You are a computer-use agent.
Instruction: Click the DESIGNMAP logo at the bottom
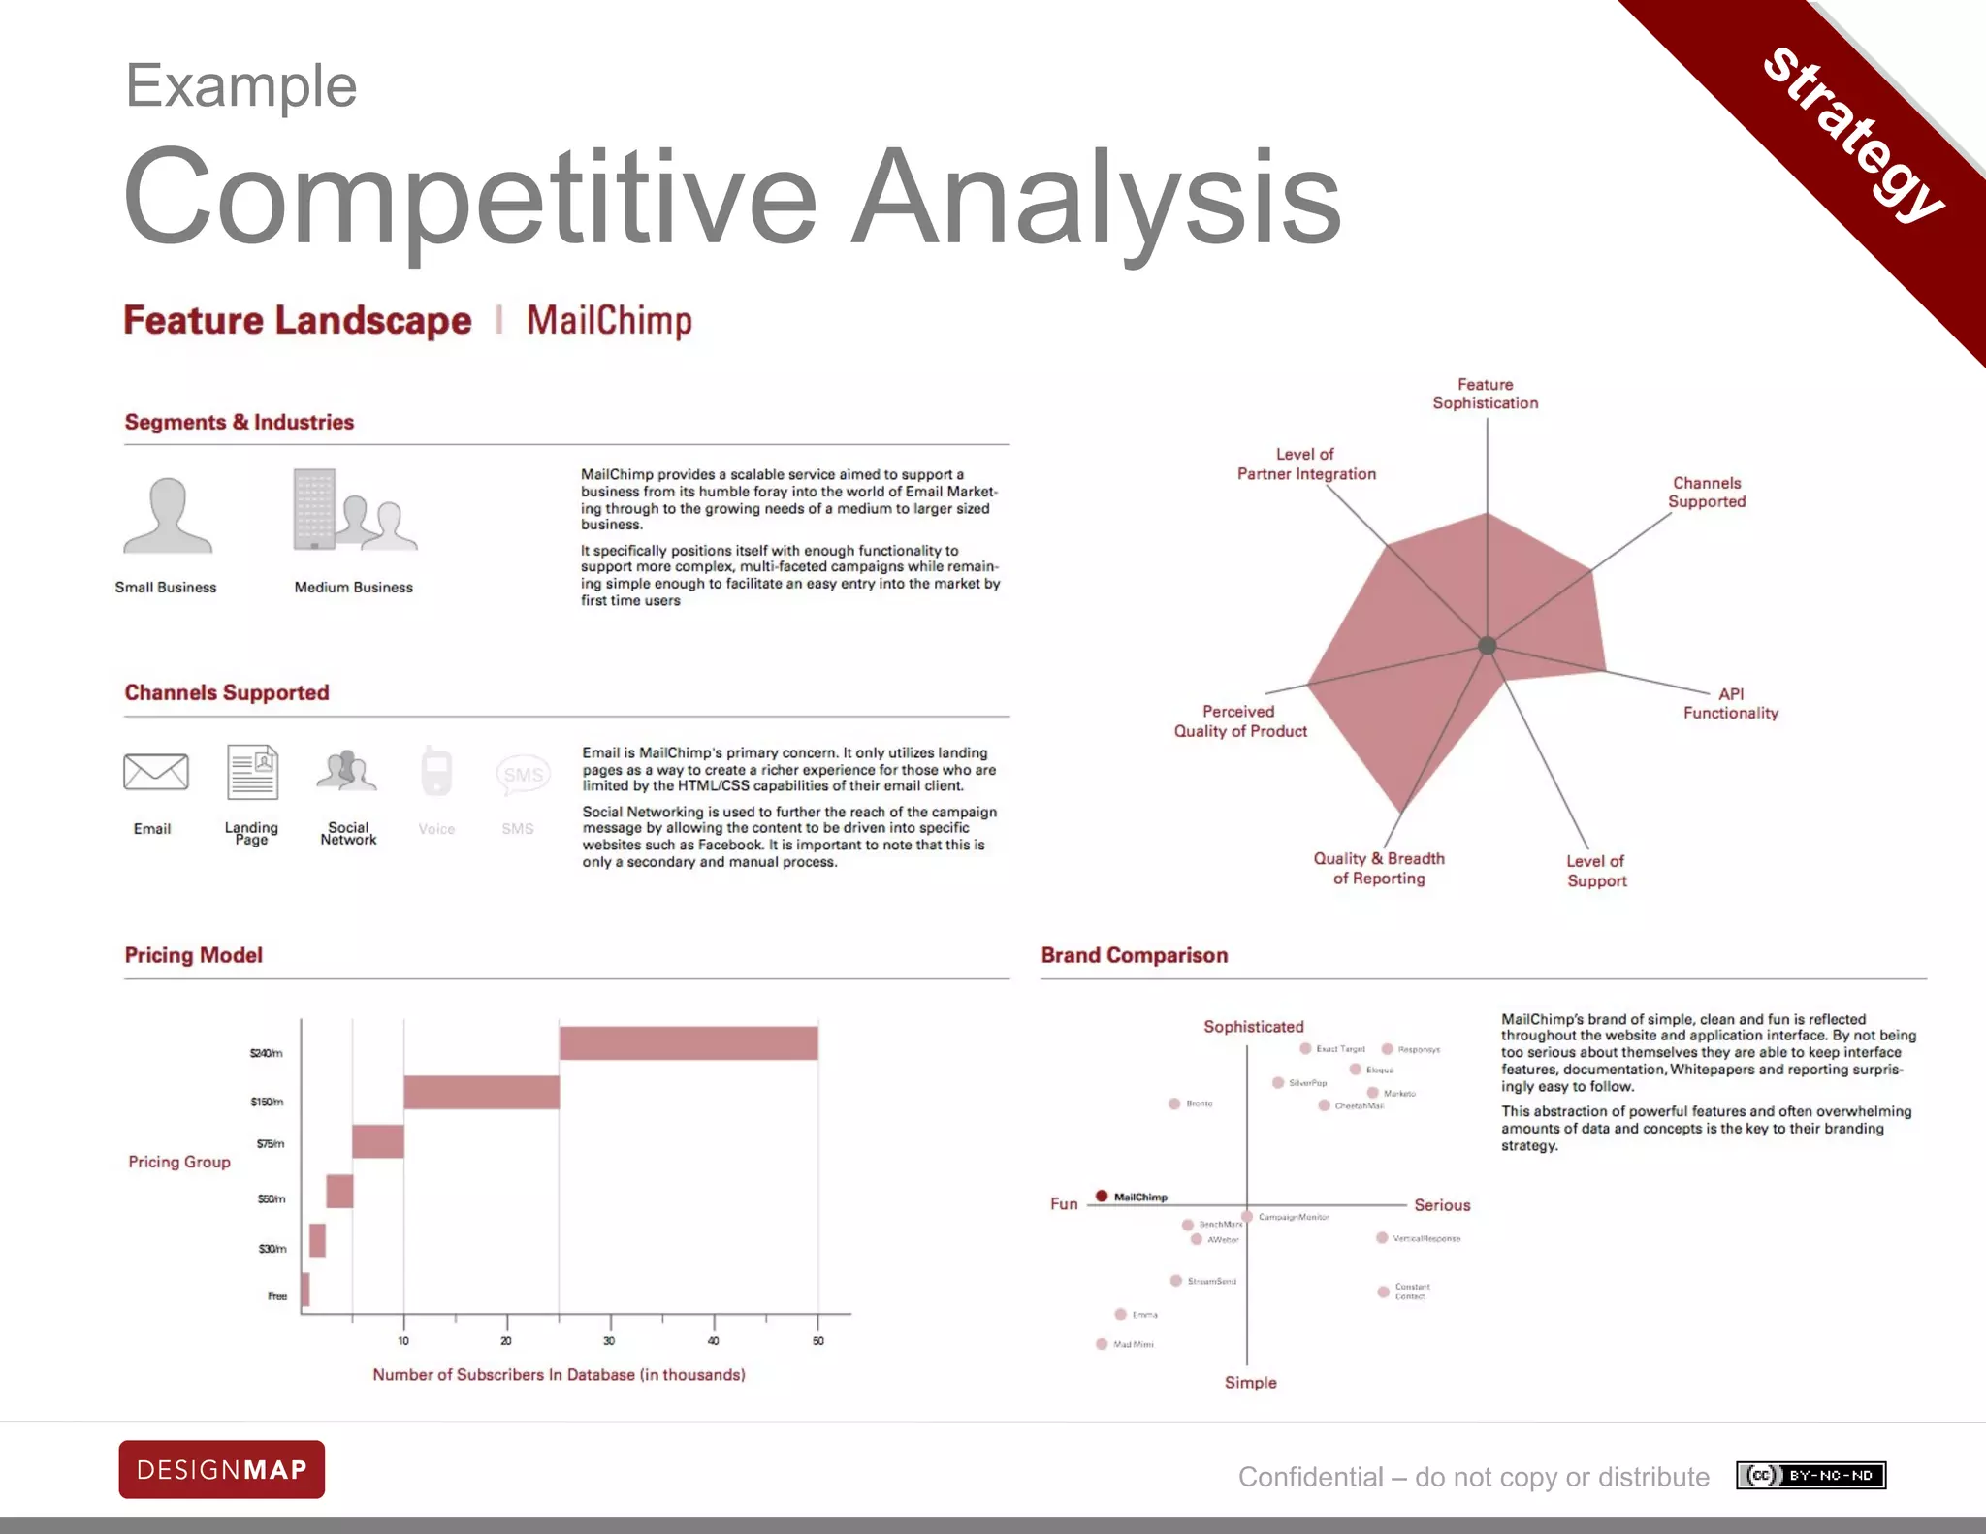point(221,1469)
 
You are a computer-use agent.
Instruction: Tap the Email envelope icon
point(155,772)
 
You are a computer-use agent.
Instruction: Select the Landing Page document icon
point(252,772)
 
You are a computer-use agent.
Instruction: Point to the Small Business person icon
point(167,515)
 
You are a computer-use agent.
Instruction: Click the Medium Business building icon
point(315,510)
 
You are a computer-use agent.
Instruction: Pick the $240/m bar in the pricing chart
point(688,1043)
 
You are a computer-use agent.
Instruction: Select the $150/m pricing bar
point(481,1092)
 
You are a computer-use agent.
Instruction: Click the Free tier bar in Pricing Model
point(305,1290)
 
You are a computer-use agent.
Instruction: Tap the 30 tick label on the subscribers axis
point(609,1341)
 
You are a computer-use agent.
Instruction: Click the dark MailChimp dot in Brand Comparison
point(1102,1196)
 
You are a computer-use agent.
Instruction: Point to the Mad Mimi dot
point(1102,1344)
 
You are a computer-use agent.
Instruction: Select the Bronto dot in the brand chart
point(1174,1103)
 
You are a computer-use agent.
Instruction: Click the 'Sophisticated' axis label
point(1253,1026)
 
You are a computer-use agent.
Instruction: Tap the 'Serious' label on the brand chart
point(1442,1205)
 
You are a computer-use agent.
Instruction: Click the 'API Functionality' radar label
point(1731,704)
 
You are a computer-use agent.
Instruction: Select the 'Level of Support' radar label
point(1596,871)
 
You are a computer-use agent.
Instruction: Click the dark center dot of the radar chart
point(1487,646)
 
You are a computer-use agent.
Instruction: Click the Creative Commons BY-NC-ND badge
point(1810,1475)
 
